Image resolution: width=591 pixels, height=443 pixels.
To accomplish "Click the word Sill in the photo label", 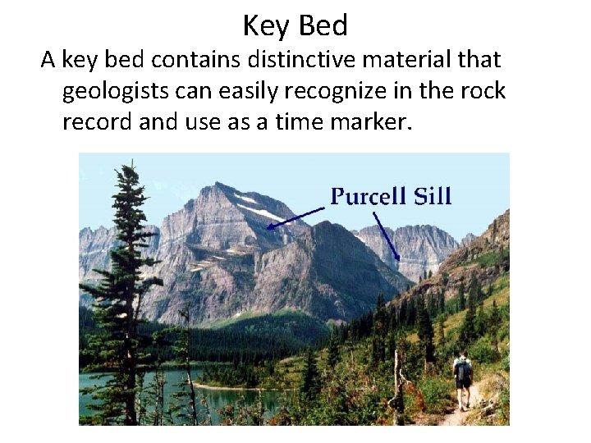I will pyautogui.click(x=432, y=197).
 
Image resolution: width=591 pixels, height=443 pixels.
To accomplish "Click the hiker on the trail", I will pyautogui.click(x=463, y=379).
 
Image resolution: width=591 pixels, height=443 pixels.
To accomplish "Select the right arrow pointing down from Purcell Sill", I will pyautogui.click(x=387, y=238).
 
